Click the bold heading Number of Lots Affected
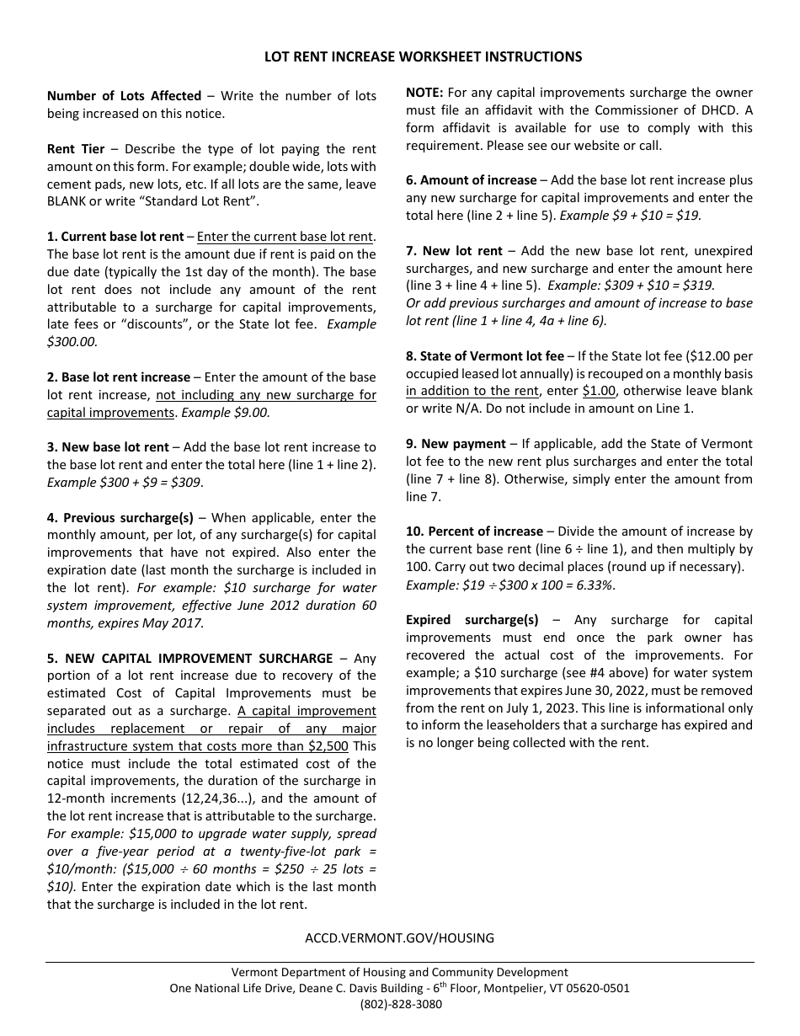[124, 96]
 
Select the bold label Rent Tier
[76, 149]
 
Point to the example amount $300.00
[72, 342]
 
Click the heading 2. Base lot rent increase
[119, 376]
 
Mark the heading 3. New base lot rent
[108, 447]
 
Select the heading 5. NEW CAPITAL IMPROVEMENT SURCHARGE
[189, 658]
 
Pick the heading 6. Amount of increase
[472, 180]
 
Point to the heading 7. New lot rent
[454, 251]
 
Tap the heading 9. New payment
[456, 444]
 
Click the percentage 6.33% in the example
[592, 585]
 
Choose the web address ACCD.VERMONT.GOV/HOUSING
[399, 937]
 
